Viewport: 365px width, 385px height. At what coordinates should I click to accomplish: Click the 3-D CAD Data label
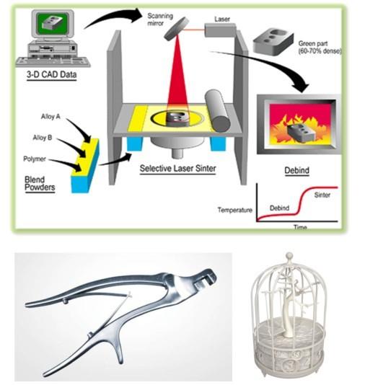coord(52,74)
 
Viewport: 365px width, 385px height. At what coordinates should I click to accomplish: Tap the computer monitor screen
coord(52,23)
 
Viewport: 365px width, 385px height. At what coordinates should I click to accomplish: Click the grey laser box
coord(220,30)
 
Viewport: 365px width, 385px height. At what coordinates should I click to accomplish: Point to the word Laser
coord(222,19)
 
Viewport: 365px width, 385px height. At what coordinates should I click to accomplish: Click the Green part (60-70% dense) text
coord(320,47)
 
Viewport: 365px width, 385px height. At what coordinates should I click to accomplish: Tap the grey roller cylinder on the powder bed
coord(217,110)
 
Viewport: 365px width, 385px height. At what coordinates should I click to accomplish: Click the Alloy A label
coord(50,116)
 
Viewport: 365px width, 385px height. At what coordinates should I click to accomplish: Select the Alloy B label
coord(43,138)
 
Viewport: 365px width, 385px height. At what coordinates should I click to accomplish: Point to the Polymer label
coord(35,159)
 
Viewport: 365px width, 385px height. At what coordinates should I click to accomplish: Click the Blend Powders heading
coord(40,183)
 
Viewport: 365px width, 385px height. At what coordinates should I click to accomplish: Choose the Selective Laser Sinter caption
coord(178,169)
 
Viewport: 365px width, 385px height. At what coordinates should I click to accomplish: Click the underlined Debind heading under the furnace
coord(296,170)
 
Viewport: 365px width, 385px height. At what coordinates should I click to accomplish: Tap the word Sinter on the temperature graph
coord(322,195)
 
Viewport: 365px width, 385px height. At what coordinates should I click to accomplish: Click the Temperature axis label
coord(235,210)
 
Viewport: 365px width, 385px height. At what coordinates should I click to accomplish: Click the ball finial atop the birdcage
coord(290,255)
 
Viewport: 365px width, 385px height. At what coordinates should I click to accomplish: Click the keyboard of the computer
coord(53,61)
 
